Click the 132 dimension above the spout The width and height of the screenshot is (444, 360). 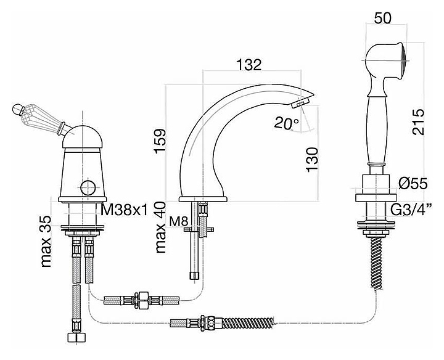249,65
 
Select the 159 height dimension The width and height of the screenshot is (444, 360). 160,141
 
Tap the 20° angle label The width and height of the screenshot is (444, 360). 286,123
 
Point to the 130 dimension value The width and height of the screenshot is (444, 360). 312,159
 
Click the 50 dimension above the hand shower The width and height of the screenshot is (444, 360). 382,18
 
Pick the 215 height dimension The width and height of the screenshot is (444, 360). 419,121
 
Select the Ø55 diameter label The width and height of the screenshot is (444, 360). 413,184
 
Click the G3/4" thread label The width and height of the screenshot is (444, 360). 411,210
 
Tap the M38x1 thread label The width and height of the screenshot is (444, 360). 124,210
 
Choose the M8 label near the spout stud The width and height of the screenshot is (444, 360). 179,221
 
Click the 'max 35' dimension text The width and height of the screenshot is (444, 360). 46,241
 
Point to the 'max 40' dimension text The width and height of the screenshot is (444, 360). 160,227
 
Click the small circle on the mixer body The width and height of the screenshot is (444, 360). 88,188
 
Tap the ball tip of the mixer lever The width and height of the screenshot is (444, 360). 17,109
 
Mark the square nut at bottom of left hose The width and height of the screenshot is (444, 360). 76,338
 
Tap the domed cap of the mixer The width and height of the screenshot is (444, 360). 82,137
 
